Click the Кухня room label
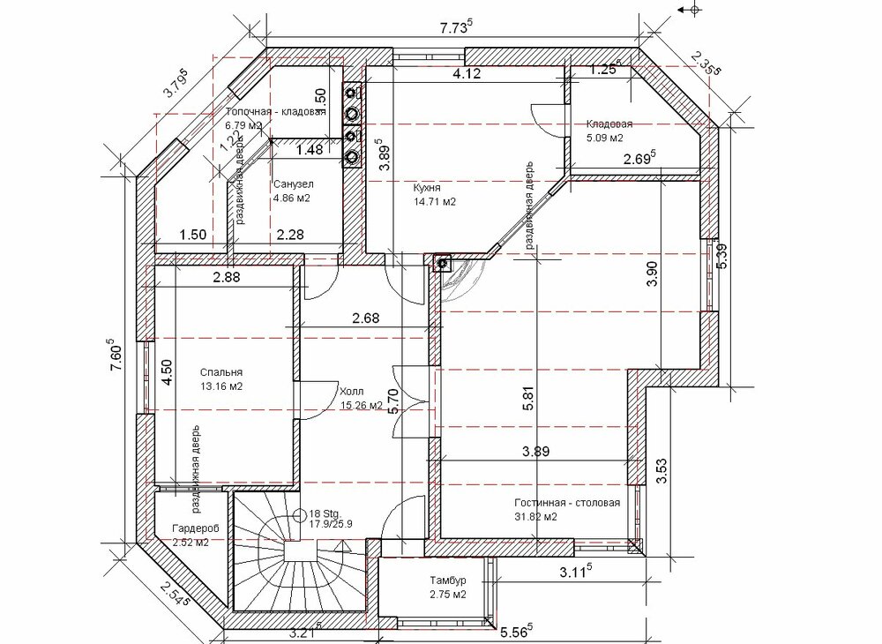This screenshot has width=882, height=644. click(x=426, y=188)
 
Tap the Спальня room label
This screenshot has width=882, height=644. click(x=221, y=372)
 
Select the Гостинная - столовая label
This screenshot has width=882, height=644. click(x=567, y=502)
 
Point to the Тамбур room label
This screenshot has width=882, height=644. click(x=448, y=580)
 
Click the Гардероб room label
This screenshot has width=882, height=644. click(x=195, y=528)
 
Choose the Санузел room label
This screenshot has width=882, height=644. click(x=294, y=183)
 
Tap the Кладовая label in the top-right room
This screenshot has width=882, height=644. click(x=609, y=124)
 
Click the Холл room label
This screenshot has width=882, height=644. click(x=351, y=392)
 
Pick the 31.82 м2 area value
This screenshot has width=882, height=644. click(x=535, y=517)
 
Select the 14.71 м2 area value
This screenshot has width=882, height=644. click(x=434, y=202)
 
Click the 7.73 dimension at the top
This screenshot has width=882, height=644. click(x=455, y=27)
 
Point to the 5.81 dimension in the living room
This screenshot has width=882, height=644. click(x=527, y=398)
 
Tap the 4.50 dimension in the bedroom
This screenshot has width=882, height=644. click(x=166, y=372)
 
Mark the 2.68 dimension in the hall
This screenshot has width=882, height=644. click(x=366, y=318)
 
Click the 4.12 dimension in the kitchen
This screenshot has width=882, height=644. click(x=467, y=73)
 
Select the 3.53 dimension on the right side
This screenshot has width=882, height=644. click(x=661, y=471)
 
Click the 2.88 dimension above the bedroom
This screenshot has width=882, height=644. click(x=226, y=277)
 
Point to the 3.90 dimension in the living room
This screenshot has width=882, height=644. click(x=652, y=273)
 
